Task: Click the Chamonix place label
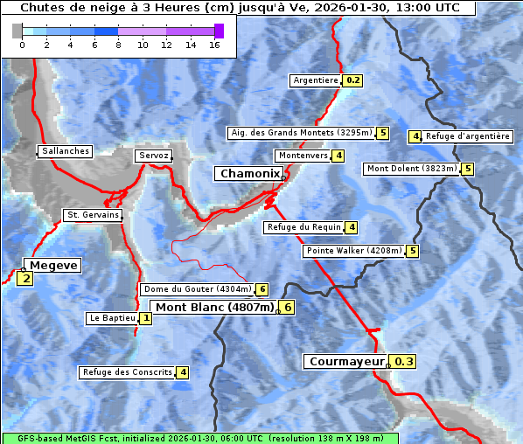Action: (x=249, y=174)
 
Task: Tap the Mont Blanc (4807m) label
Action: (x=214, y=308)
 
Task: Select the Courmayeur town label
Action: (x=346, y=362)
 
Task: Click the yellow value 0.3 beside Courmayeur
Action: (x=403, y=362)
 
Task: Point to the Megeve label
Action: (x=52, y=266)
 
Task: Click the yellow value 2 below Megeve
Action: (x=25, y=280)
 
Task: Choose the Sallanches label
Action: (x=65, y=151)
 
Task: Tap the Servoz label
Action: (x=154, y=156)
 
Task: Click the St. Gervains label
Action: (x=93, y=215)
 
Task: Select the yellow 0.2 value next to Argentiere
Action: (x=352, y=80)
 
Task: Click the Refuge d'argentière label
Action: (x=468, y=136)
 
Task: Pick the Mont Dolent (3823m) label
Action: (x=412, y=169)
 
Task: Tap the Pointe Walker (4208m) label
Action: (x=354, y=251)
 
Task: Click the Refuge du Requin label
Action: (x=303, y=227)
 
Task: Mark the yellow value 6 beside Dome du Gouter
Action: (x=261, y=289)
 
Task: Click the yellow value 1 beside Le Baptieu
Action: (x=145, y=319)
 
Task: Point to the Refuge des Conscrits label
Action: (x=127, y=372)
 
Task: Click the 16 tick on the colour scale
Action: (x=214, y=45)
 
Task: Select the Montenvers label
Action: (x=303, y=156)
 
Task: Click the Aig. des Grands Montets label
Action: (x=301, y=133)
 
